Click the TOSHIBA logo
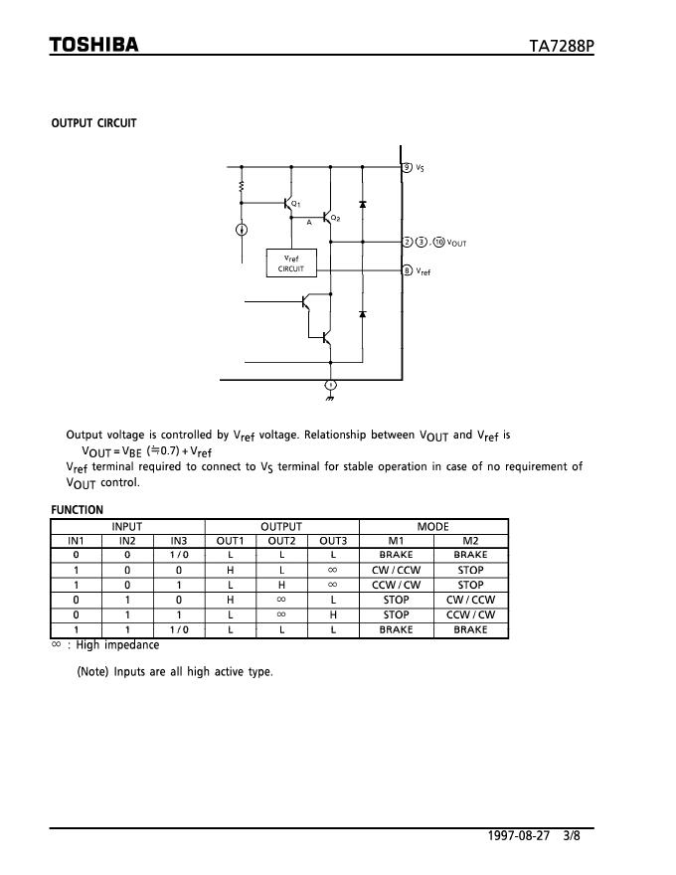click(x=94, y=45)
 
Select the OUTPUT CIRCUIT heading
click(x=94, y=123)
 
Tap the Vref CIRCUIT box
click(x=291, y=262)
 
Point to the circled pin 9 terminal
click(x=407, y=167)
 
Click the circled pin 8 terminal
click(x=407, y=270)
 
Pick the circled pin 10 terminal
click(x=439, y=242)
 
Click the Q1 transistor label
click(x=296, y=204)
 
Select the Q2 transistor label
click(x=336, y=218)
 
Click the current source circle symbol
click(x=242, y=230)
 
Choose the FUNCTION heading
click(x=77, y=510)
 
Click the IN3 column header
click(x=178, y=541)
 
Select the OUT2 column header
click(x=281, y=541)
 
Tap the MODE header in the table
click(x=432, y=527)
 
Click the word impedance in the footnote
click(x=131, y=644)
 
